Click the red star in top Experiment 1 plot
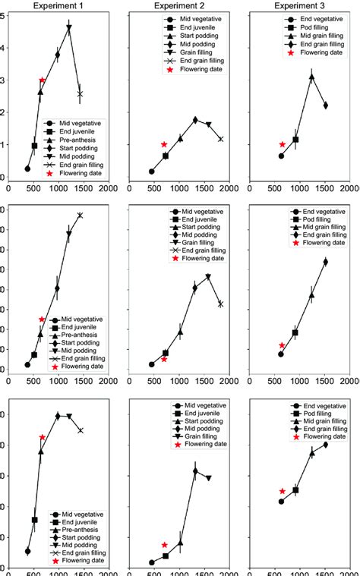pyautogui.click(x=42, y=80)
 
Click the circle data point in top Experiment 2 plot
pyautogui.click(x=151, y=172)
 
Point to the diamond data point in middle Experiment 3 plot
pyautogui.click(x=326, y=262)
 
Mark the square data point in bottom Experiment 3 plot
pyautogui.click(x=295, y=490)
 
